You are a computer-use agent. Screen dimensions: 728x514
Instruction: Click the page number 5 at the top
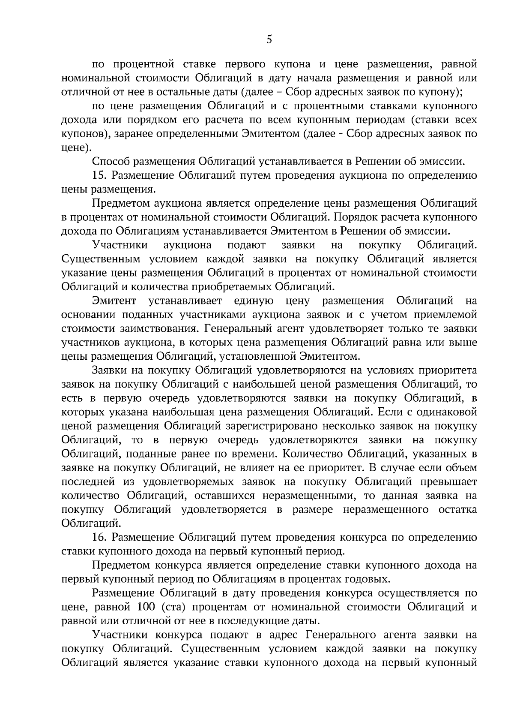[269, 40]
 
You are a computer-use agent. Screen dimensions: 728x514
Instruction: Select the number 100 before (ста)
[148, 607]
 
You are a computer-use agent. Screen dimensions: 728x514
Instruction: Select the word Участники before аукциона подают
[120, 246]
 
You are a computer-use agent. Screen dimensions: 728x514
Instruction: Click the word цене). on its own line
[76, 148]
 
